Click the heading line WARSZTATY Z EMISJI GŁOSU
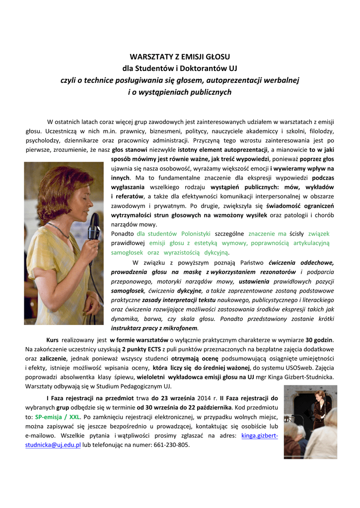pyautogui.click(x=180, y=57)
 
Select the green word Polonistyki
pyautogui.click(x=195, y=234)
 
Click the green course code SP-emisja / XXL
pyautogui.click(x=57, y=417)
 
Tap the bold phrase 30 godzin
pyautogui.click(x=320, y=340)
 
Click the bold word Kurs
pyautogui.click(x=53, y=340)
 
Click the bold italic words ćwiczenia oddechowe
pyautogui.click(x=301, y=262)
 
